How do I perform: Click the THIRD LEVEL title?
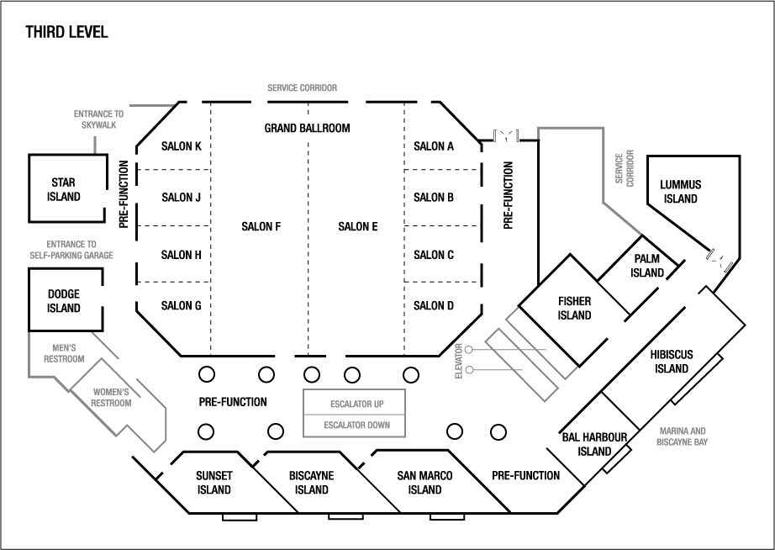[66, 33]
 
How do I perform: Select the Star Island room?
[65, 189]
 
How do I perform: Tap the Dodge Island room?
[64, 301]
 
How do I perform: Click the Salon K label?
[181, 146]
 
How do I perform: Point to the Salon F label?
[261, 226]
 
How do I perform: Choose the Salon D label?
[434, 305]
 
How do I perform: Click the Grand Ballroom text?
[307, 129]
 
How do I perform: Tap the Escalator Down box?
[356, 426]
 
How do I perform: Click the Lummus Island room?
[681, 192]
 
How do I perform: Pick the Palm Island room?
[648, 266]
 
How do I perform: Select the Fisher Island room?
[575, 309]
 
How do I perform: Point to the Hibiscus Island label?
[673, 362]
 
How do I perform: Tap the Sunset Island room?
[214, 483]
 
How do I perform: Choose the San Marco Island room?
[424, 483]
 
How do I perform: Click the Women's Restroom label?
[112, 397]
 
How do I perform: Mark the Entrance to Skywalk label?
[98, 119]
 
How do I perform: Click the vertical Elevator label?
[459, 360]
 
